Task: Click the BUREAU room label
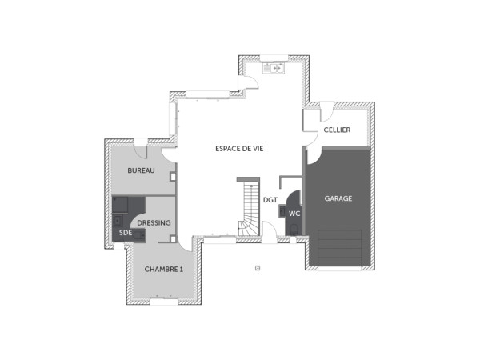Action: (x=140, y=171)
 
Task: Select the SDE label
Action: (x=125, y=232)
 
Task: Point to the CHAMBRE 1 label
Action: (x=164, y=270)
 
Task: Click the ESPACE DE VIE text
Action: (x=239, y=149)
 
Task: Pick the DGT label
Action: (x=270, y=200)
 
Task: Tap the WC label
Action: (x=294, y=214)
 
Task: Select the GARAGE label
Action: (x=338, y=198)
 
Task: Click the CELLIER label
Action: (x=337, y=130)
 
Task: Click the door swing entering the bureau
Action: (x=169, y=157)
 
